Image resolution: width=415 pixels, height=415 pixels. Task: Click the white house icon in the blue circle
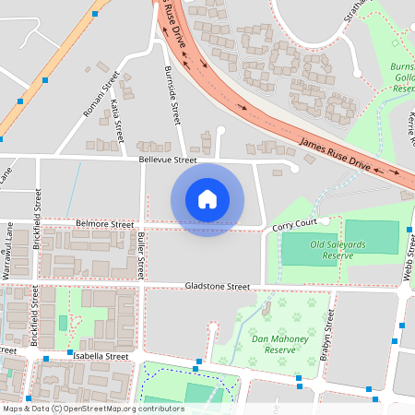point(207,199)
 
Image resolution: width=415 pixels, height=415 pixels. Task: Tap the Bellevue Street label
point(168,160)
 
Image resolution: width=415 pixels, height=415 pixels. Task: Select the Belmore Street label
point(105,224)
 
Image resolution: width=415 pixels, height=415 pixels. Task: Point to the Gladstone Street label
point(217,287)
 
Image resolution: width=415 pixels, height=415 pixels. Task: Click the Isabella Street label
point(103,355)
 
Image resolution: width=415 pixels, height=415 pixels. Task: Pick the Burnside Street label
point(172,96)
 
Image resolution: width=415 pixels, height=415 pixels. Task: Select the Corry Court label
point(294,224)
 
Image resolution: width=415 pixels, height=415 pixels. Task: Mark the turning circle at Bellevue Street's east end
point(294,167)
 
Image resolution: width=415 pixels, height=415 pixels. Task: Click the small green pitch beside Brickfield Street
point(63,323)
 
